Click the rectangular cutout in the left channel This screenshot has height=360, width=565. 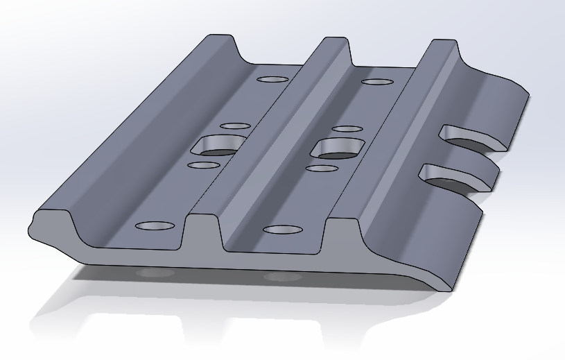(x=217, y=145)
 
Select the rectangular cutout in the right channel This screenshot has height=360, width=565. (x=336, y=147)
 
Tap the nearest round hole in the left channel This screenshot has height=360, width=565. (x=155, y=227)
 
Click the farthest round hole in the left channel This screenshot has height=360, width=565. (x=272, y=79)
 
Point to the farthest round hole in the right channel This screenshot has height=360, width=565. (x=377, y=82)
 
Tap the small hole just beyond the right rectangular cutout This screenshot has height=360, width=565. (x=347, y=129)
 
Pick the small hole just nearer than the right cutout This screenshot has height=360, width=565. (x=321, y=168)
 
